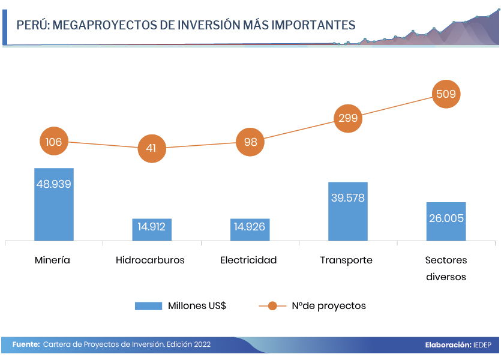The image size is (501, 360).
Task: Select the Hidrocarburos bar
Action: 152,230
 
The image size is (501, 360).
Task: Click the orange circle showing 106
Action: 54,142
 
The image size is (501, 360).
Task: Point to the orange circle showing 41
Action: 151,148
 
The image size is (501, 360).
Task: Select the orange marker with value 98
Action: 250,142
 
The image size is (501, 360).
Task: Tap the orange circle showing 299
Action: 348,118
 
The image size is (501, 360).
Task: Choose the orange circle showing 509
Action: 446,94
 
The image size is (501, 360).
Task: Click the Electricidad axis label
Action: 248,260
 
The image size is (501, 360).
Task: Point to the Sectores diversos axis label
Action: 446,268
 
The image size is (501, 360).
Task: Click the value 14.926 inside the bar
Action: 250,227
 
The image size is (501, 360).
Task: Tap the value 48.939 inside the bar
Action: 54,184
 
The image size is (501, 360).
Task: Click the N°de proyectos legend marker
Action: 272,305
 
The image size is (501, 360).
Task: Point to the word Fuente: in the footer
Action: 26,344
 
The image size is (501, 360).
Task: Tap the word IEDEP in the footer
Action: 483,345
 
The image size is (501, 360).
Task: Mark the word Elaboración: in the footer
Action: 448,345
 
